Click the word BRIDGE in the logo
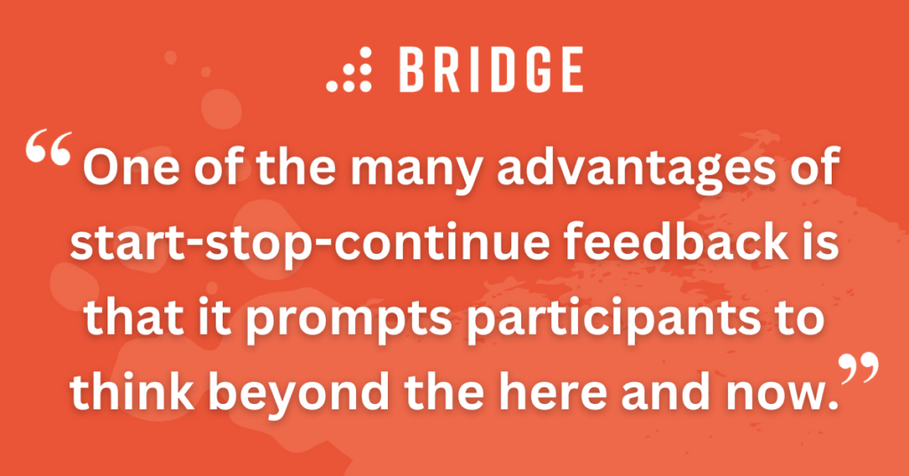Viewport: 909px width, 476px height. (490, 70)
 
